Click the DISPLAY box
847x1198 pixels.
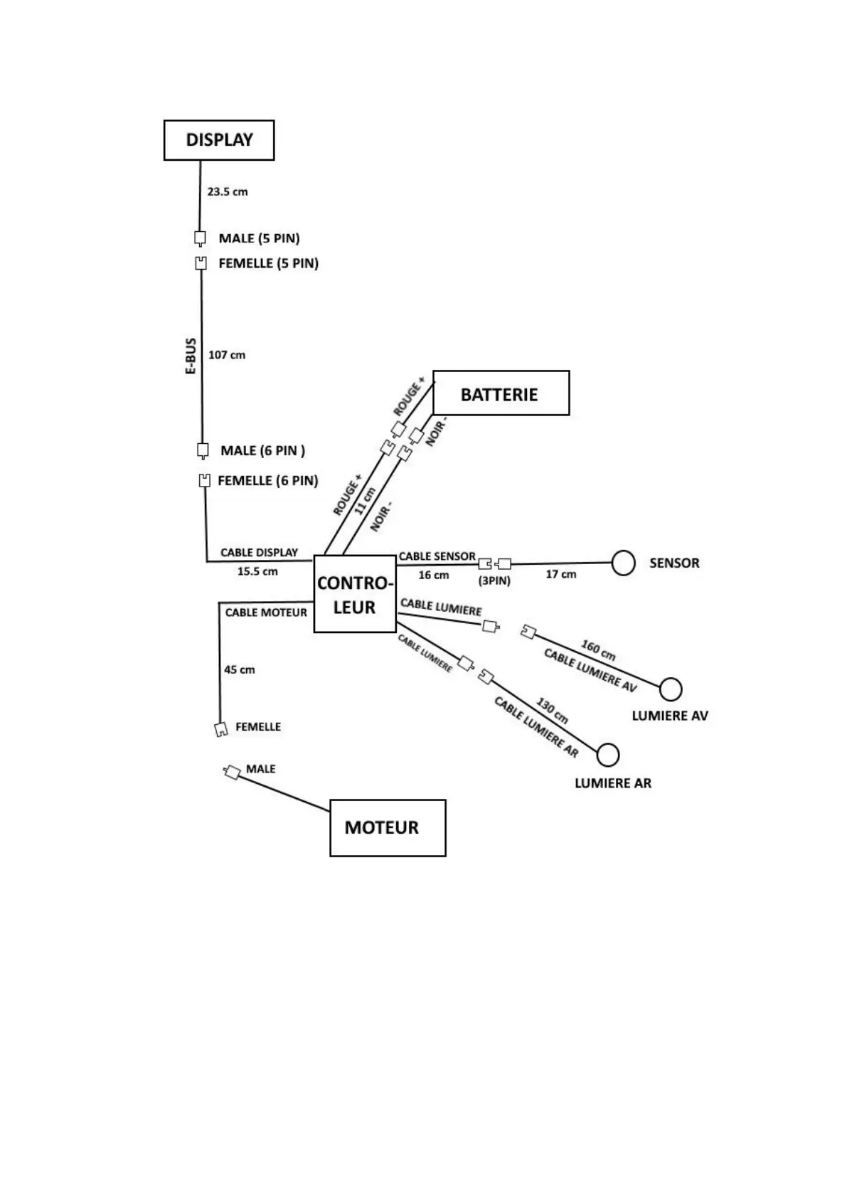(x=219, y=140)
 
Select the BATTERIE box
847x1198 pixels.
(x=501, y=393)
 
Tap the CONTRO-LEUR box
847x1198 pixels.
(x=354, y=594)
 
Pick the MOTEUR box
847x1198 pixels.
(x=388, y=827)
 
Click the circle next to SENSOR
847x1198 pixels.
(x=623, y=563)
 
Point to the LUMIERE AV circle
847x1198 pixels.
(x=670, y=689)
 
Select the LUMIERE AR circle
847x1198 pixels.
(x=607, y=755)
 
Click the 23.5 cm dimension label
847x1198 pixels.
(x=228, y=191)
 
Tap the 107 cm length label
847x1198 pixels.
(x=227, y=354)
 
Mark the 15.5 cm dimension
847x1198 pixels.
(x=257, y=571)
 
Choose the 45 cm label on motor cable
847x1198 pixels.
(x=240, y=669)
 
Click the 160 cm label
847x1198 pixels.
(x=598, y=650)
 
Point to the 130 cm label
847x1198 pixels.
(x=552, y=711)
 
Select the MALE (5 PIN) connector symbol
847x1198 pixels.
(x=201, y=238)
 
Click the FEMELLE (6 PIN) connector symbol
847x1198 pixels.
(x=205, y=481)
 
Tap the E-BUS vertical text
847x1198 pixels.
(x=191, y=356)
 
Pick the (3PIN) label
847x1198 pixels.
(x=494, y=581)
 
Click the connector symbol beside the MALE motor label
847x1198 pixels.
(x=232, y=772)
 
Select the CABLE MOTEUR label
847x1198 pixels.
(x=266, y=613)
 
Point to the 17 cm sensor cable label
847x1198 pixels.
(x=560, y=574)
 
